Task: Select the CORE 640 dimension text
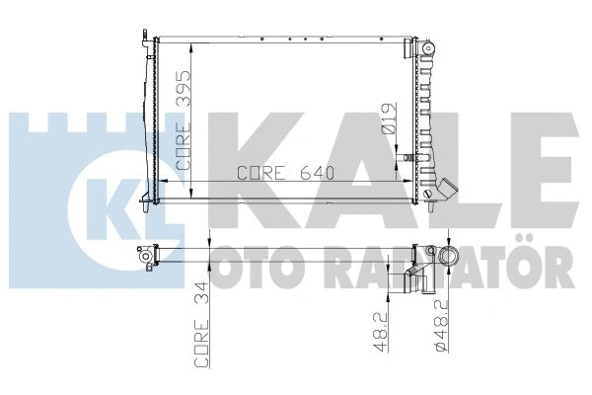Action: tap(286, 173)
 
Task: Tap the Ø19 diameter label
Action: tap(392, 121)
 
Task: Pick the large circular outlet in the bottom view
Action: tap(451, 256)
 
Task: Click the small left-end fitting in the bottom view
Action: tap(146, 259)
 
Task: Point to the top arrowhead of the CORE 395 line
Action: tap(190, 45)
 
